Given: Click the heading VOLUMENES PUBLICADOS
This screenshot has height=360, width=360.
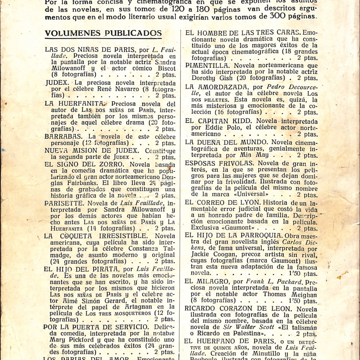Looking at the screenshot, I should (103, 33).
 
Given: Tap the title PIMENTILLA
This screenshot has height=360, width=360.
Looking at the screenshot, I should (207, 66).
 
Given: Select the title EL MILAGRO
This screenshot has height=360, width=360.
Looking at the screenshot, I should (207, 282).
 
